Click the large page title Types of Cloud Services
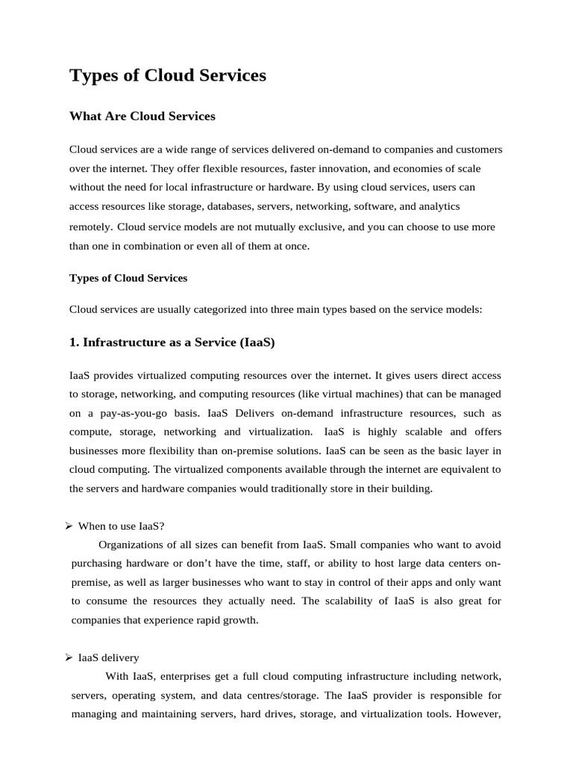click(x=167, y=75)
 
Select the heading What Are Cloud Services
click(x=142, y=117)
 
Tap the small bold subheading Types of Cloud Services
click(x=128, y=278)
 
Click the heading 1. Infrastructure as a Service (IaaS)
click(x=172, y=342)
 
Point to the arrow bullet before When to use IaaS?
click(x=67, y=526)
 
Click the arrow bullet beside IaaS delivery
click(x=67, y=657)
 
